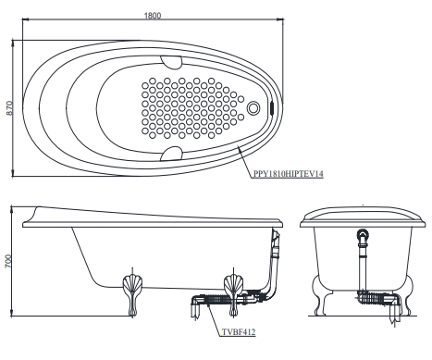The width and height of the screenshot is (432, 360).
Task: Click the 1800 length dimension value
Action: [x=153, y=16]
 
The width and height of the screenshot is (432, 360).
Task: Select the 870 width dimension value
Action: [x=10, y=108]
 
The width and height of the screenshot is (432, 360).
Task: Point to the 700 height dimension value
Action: [x=8, y=261]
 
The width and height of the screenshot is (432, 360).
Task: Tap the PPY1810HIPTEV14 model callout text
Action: [x=289, y=174]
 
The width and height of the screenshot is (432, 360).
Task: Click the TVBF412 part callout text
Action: [x=239, y=332]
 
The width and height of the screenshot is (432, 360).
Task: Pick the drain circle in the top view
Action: [x=253, y=108]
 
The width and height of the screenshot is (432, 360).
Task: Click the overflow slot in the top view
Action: [x=272, y=108]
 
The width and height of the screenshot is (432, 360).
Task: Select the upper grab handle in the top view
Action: [x=171, y=62]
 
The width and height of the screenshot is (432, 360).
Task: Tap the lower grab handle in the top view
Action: [x=171, y=154]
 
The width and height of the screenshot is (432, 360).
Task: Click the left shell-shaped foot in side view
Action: [x=132, y=294]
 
